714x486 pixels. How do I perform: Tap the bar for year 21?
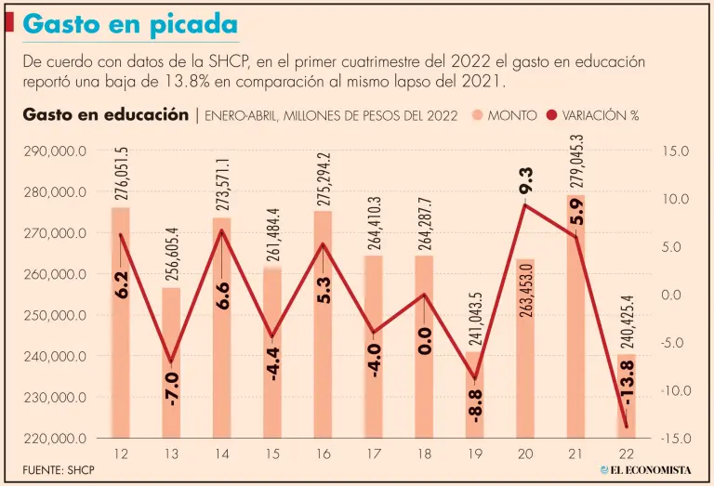(x=575, y=316)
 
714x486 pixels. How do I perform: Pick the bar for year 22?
(x=627, y=395)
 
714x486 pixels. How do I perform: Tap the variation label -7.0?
(x=173, y=387)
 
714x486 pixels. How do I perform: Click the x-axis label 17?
(x=375, y=453)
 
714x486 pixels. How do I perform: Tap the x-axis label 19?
(x=476, y=453)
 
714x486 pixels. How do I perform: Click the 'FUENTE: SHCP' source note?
(x=59, y=471)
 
